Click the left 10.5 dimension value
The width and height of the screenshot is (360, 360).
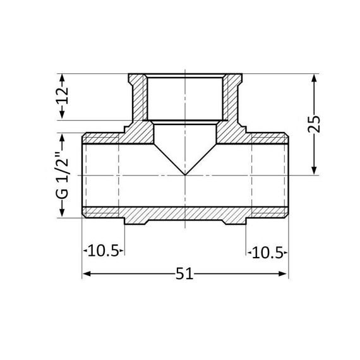pos(103,252)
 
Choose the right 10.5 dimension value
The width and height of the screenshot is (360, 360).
pos(268,252)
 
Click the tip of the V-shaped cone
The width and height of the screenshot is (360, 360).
pos(184,174)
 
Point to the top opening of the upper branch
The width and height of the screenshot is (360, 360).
pos(184,76)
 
